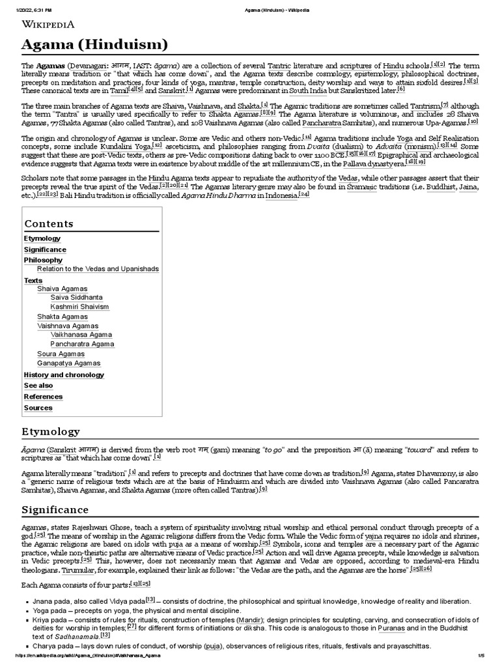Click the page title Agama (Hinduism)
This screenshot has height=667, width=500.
[94, 45]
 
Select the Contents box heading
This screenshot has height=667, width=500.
[49, 223]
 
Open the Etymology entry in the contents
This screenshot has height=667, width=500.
[42, 238]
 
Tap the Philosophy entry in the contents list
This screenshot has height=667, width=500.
[43, 260]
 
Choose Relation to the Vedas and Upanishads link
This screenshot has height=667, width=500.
[98, 269]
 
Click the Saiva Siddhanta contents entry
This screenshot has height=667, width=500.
[77, 297]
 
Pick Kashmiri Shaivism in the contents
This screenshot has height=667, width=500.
[79, 307]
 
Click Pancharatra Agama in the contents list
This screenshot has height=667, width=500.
[82, 344]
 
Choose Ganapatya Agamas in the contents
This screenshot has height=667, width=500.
[69, 363]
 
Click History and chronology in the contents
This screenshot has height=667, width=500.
[62, 375]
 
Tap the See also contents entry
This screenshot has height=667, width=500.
[38, 386]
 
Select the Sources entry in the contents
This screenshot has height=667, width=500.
[38, 408]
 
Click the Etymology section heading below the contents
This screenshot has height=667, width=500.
[52, 431]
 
